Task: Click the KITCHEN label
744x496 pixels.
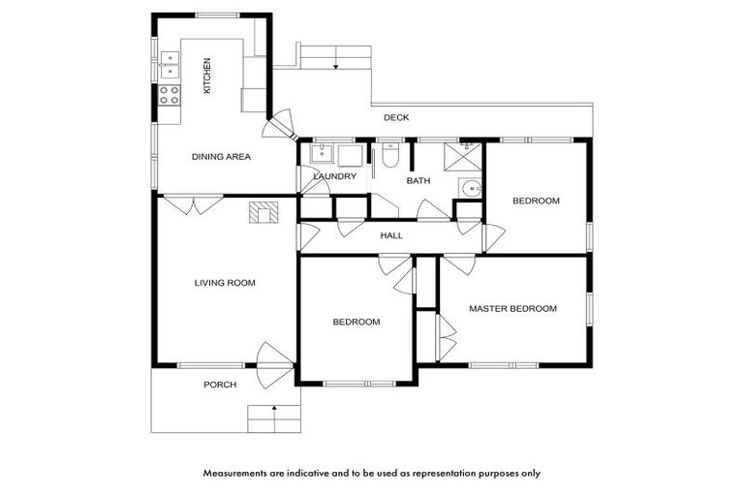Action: tap(206, 76)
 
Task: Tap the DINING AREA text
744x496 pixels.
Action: tap(221, 156)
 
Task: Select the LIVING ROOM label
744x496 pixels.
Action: tap(225, 283)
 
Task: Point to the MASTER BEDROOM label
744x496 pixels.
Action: tap(512, 309)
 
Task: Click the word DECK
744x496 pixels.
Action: tap(396, 118)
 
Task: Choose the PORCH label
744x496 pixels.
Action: tap(220, 385)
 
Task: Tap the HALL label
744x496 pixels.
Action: tap(391, 235)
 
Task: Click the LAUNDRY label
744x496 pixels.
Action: tap(335, 177)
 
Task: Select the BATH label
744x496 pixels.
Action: tap(418, 181)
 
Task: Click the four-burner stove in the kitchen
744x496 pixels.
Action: tap(169, 95)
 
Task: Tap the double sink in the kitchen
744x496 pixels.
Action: tap(169, 65)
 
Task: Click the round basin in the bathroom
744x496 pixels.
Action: tap(470, 188)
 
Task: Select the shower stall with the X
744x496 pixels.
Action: tap(463, 155)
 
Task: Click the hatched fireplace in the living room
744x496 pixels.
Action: tap(263, 212)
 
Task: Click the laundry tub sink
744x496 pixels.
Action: tap(321, 154)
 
